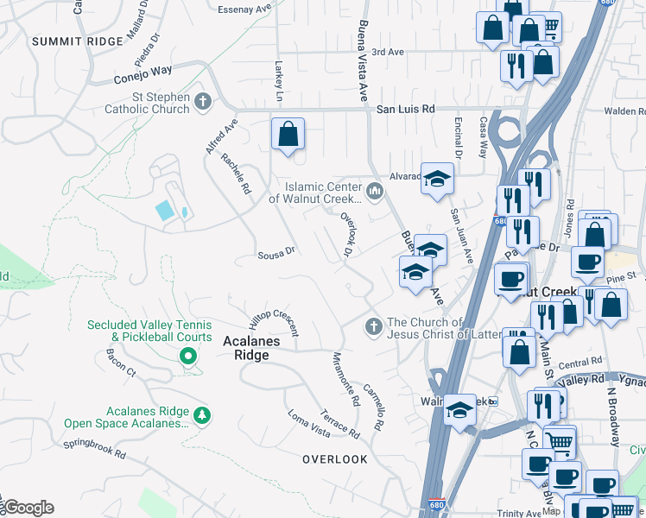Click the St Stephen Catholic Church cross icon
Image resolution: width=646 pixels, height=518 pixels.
click(x=203, y=102)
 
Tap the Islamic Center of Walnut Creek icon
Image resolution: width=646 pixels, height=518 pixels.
click(x=375, y=191)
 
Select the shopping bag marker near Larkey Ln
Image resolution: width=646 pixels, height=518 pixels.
click(x=288, y=136)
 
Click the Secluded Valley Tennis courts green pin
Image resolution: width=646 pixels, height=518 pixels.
click(x=186, y=355)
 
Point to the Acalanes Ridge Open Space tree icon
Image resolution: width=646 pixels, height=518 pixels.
click(x=202, y=416)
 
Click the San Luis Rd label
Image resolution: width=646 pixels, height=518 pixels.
click(x=405, y=110)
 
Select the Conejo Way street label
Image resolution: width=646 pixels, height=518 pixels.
click(x=144, y=75)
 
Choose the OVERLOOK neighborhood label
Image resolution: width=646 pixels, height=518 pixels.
click(x=335, y=459)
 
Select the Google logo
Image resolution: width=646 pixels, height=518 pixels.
click(x=28, y=508)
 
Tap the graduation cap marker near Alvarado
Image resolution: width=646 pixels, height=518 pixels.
click(x=437, y=180)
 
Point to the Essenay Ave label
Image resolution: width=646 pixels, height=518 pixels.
click(x=244, y=9)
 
